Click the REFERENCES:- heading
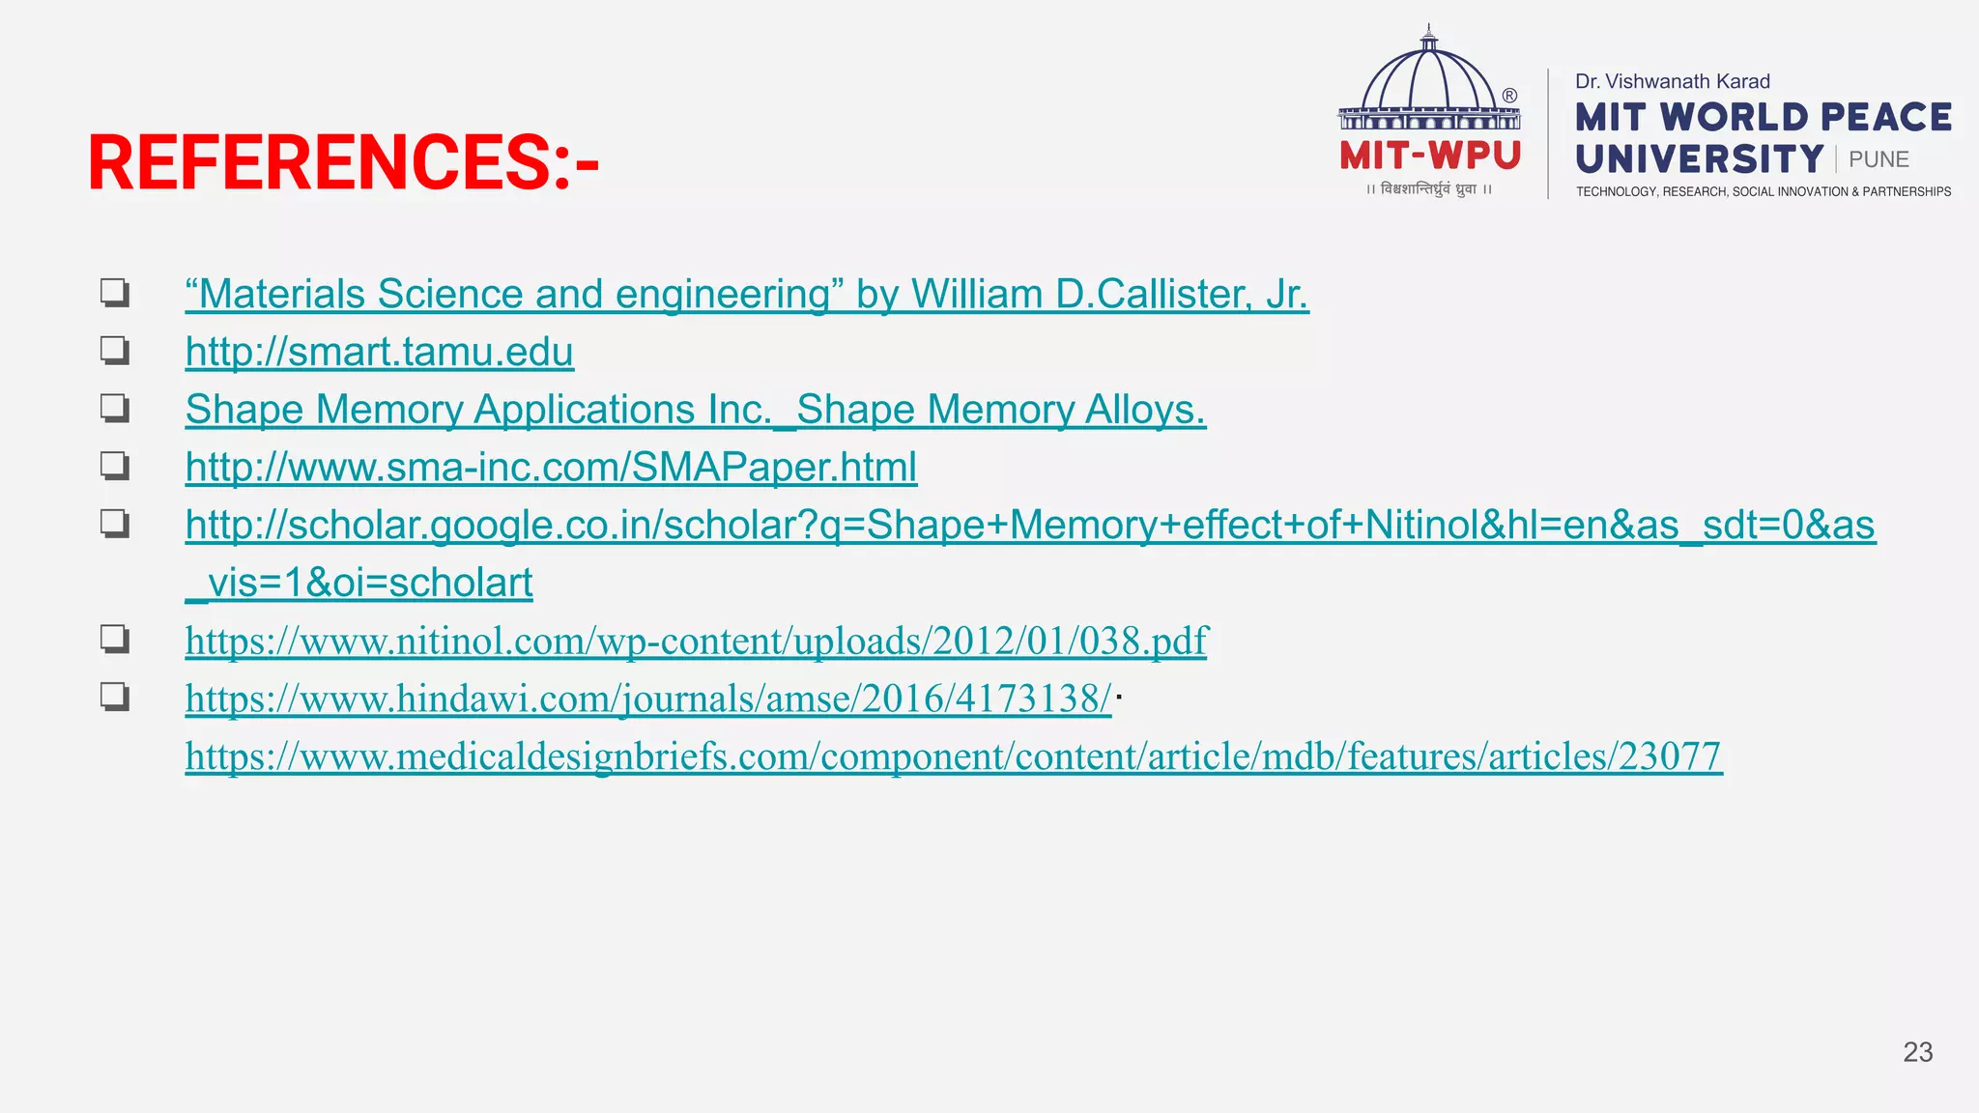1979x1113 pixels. click(343, 162)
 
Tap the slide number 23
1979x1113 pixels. click(1917, 1052)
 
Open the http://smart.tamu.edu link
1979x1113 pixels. click(379, 352)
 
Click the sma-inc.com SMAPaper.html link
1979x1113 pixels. click(551, 468)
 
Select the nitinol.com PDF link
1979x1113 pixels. click(696, 641)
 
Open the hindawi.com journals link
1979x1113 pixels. click(647, 699)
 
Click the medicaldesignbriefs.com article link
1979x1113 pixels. click(953, 756)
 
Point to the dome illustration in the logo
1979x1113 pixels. click(1428, 82)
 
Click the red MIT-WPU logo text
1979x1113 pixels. click(1430, 156)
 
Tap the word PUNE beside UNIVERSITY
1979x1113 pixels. click(1879, 159)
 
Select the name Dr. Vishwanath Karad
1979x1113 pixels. click(1672, 82)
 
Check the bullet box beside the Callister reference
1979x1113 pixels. click(114, 292)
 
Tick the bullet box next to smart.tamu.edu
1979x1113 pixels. click(114, 350)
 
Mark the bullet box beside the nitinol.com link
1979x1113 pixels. click(114, 639)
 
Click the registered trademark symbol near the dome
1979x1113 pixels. click(1509, 96)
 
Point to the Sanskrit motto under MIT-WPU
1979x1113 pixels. click(1429, 189)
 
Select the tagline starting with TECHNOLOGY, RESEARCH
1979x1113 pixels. click(1763, 192)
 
